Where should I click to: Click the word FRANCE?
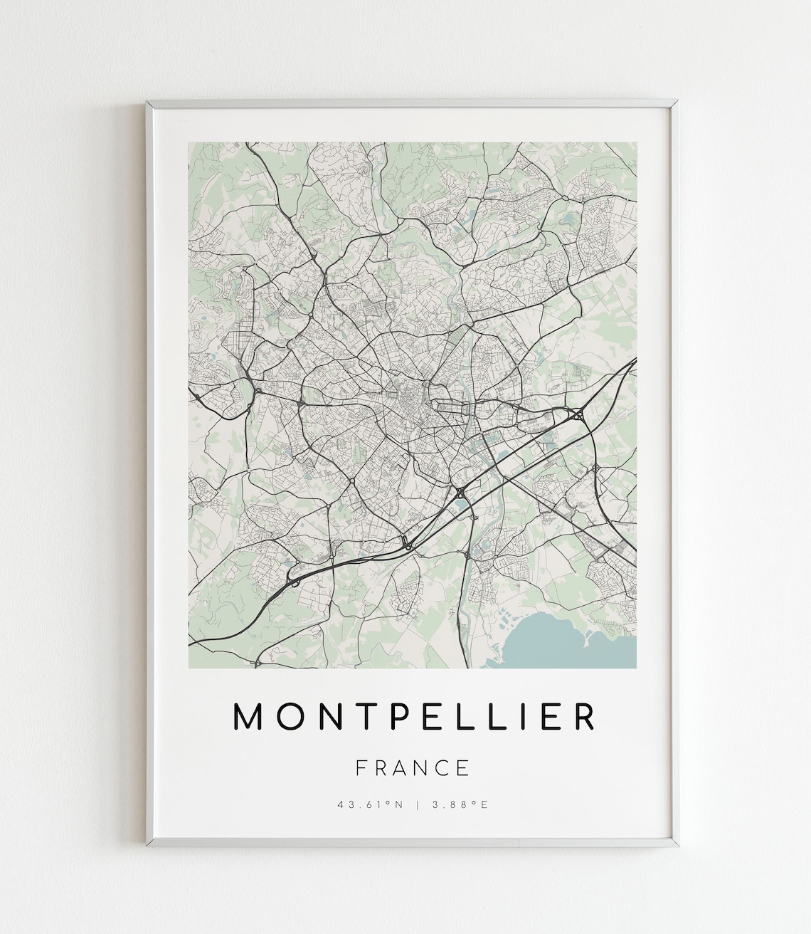click(x=413, y=767)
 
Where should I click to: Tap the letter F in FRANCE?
click(x=361, y=767)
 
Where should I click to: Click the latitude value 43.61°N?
click(x=371, y=805)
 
